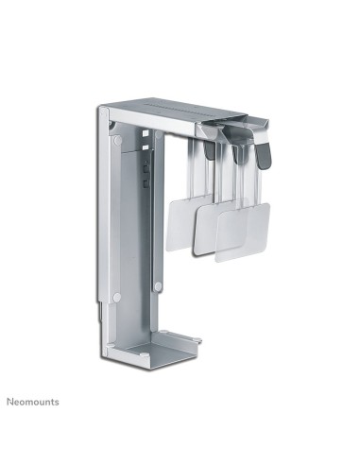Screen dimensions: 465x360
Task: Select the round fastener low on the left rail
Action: (x=116, y=298)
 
